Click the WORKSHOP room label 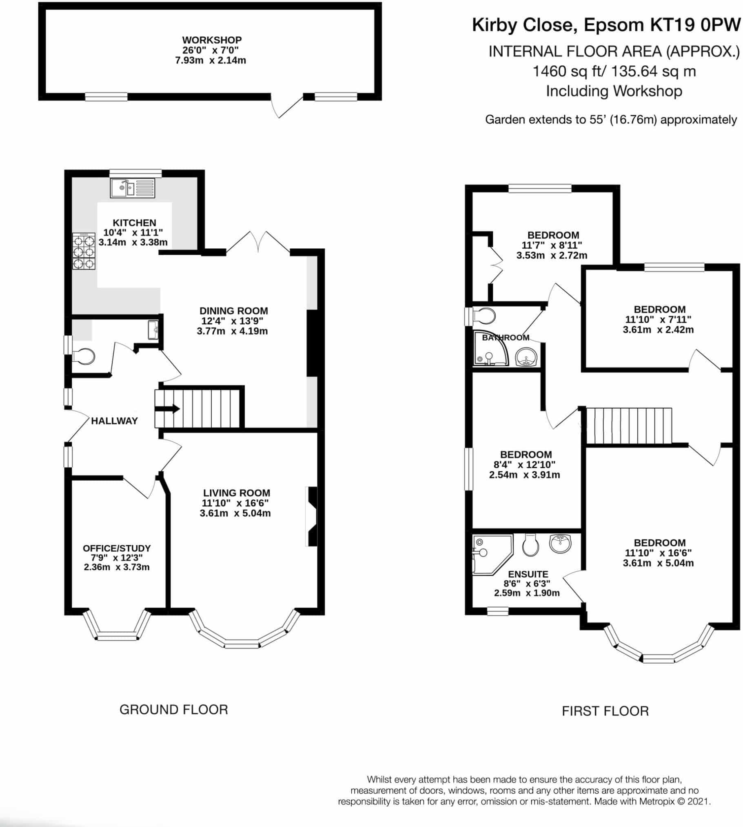click(211, 40)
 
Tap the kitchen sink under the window click(133, 188)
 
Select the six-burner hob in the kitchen click(84, 251)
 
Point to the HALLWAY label click(114, 421)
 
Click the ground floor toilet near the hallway click(84, 356)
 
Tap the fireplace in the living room click(311, 516)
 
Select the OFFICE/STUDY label click(117, 548)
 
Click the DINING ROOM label click(233, 311)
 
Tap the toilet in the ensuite click(531, 545)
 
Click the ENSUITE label click(528, 574)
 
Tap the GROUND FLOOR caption click(173, 710)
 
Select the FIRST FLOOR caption click(605, 711)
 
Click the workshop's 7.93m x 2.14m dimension click(211, 60)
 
